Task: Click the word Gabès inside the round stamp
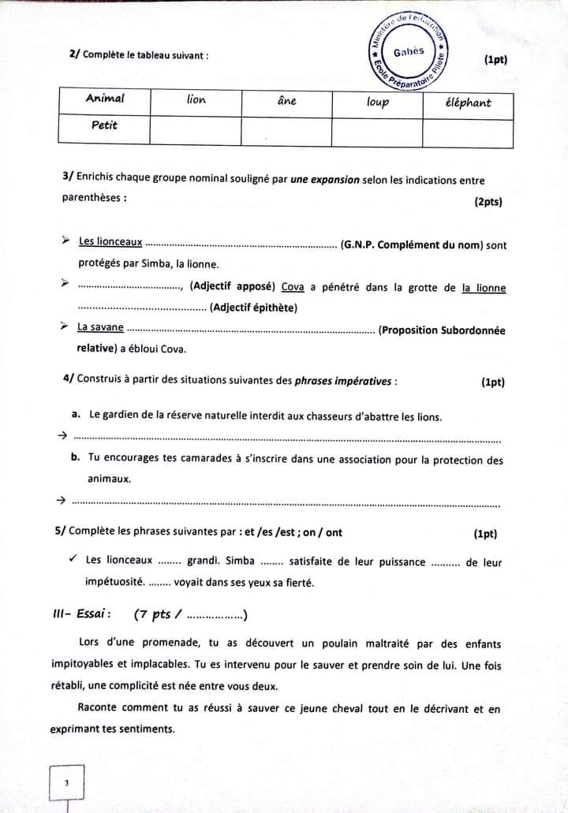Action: [409, 52]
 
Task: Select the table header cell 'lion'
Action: [196, 100]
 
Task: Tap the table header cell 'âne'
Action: [287, 101]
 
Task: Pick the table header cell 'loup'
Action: [378, 102]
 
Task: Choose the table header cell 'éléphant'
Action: [468, 103]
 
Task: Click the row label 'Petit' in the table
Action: [104, 125]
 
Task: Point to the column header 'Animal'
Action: [105, 99]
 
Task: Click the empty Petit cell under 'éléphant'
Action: [468, 132]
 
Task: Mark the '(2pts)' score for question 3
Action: [488, 202]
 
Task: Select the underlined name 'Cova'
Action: [293, 286]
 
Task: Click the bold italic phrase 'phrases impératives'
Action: [343, 382]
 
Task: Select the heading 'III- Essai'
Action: [77, 613]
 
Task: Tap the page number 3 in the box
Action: [67, 783]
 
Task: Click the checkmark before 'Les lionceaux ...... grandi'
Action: [72, 559]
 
